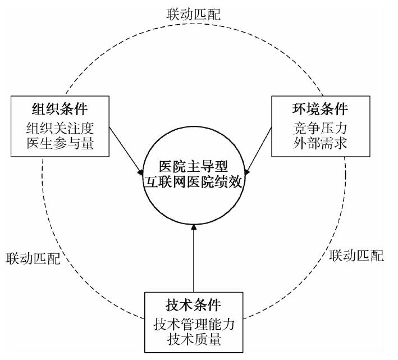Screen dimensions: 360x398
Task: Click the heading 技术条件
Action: pyautogui.click(x=193, y=305)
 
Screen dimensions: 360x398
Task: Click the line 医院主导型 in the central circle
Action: pyautogui.click(x=193, y=168)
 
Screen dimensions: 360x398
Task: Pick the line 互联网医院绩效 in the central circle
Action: pyautogui.click(x=193, y=183)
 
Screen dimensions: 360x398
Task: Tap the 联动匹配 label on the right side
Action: pyautogui.click(x=357, y=256)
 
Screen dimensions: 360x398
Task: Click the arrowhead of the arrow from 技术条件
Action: pyautogui.click(x=193, y=227)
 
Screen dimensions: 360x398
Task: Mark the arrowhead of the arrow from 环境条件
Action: pyautogui.click(x=246, y=167)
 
